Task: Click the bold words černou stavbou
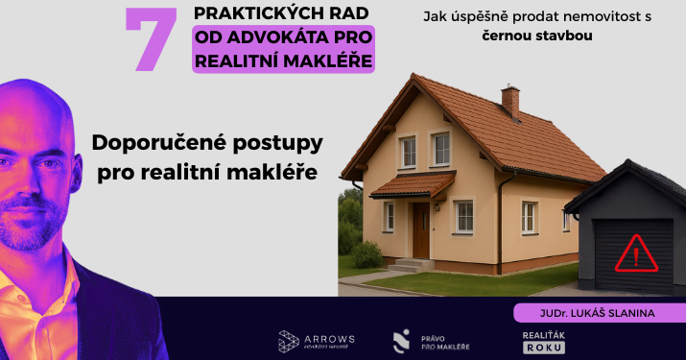click(x=536, y=36)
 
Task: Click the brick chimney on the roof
click(x=510, y=99)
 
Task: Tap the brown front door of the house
click(x=421, y=229)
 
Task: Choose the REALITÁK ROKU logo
click(x=529, y=341)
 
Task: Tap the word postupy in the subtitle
click(x=277, y=144)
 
